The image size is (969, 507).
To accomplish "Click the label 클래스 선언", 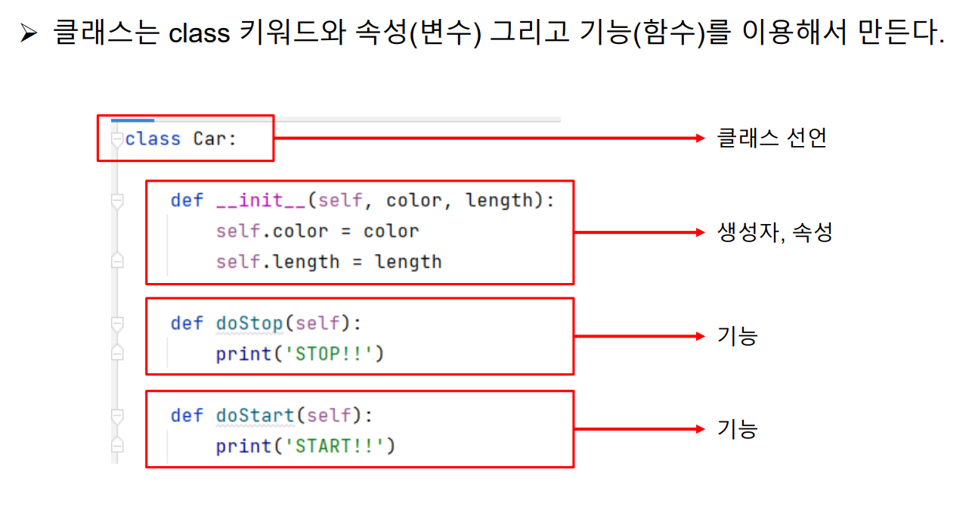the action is (x=771, y=138).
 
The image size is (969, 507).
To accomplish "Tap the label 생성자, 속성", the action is (x=774, y=232).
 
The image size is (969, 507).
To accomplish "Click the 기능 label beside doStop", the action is (x=737, y=336).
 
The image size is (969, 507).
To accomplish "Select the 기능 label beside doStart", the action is (x=737, y=429).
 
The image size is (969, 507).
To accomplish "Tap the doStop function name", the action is (x=249, y=323).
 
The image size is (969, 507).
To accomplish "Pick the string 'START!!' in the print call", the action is (x=334, y=446).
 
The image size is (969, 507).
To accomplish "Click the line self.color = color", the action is (x=317, y=231).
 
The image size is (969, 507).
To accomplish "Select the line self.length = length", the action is (x=328, y=262).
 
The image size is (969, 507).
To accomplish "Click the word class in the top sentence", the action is (x=201, y=34).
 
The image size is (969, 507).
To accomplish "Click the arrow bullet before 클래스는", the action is (x=29, y=34).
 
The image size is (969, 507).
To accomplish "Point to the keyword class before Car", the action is (x=153, y=139).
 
